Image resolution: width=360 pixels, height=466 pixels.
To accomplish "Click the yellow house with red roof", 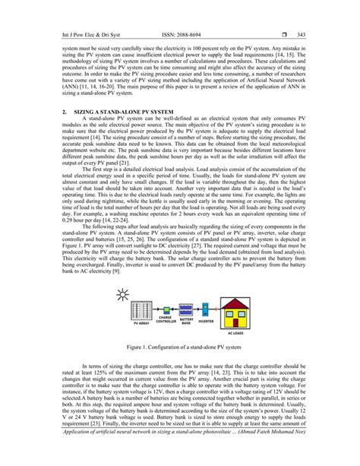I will click(x=242, y=308).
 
